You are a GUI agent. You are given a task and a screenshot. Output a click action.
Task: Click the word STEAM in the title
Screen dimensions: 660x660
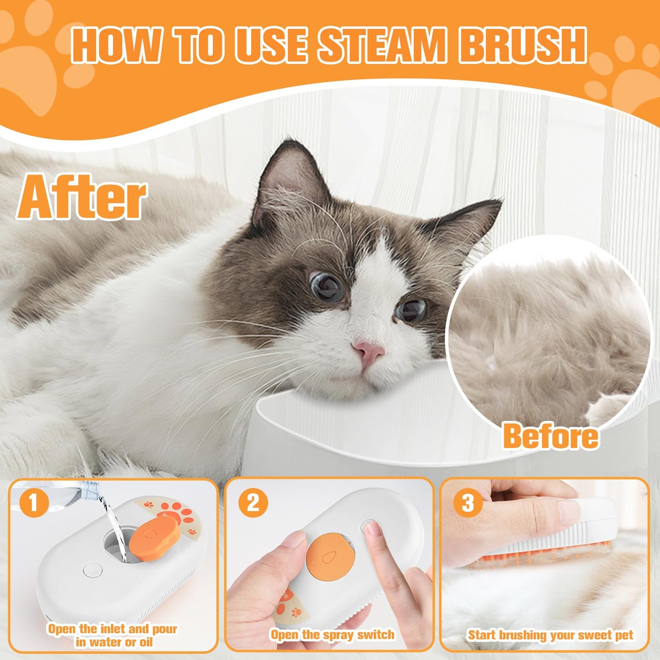(381, 45)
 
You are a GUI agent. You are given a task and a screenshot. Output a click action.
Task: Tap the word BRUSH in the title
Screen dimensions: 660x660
(522, 45)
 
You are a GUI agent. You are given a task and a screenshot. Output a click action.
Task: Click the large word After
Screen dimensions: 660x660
(82, 197)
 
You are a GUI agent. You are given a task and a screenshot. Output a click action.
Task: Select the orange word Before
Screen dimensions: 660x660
(550, 436)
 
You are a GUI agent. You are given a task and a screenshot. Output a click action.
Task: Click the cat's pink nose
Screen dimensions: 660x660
(369, 351)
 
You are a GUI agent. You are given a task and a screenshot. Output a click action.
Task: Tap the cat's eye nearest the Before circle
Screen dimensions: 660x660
(412, 310)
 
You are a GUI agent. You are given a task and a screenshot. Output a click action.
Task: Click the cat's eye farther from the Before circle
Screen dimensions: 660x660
(327, 286)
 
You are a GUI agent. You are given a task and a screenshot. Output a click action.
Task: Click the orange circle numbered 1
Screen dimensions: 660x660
(33, 502)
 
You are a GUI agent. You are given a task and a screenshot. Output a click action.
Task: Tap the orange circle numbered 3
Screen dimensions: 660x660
(468, 502)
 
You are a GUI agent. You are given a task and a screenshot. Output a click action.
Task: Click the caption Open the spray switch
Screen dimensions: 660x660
(332, 634)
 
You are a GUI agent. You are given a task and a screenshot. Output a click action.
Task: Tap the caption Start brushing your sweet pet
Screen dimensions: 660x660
(550, 635)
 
